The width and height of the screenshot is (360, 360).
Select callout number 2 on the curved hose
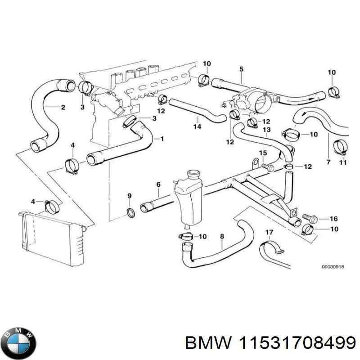[x=63, y=107]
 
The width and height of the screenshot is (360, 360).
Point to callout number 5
[x=241, y=69]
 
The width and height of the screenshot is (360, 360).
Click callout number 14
[x=197, y=127]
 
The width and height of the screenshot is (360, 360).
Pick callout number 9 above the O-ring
[x=130, y=196]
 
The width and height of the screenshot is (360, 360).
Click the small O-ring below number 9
[x=130, y=212]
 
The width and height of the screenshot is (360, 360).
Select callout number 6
[x=158, y=184]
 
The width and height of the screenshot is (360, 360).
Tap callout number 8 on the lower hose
[x=221, y=236]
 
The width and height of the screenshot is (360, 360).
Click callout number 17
[x=269, y=233]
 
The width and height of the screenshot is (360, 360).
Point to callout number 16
[x=333, y=219]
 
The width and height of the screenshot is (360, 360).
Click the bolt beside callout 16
[x=310, y=219]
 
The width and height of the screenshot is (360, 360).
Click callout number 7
[x=328, y=162]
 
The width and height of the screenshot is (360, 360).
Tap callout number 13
[x=266, y=130]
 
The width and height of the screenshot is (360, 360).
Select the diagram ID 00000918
[x=333, y=267]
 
